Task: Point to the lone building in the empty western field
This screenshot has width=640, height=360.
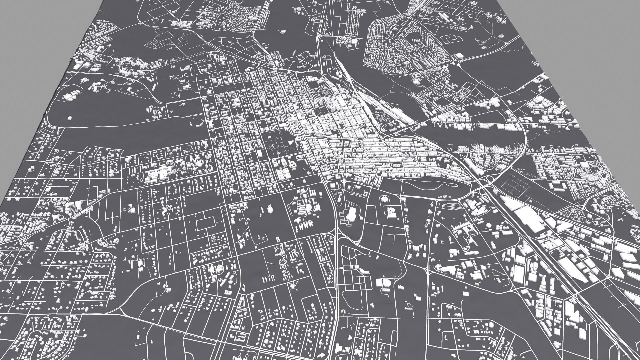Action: point(70,118)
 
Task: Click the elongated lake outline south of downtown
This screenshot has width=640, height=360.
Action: point(433,183)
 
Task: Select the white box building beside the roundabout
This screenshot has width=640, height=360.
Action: point(459,55)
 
